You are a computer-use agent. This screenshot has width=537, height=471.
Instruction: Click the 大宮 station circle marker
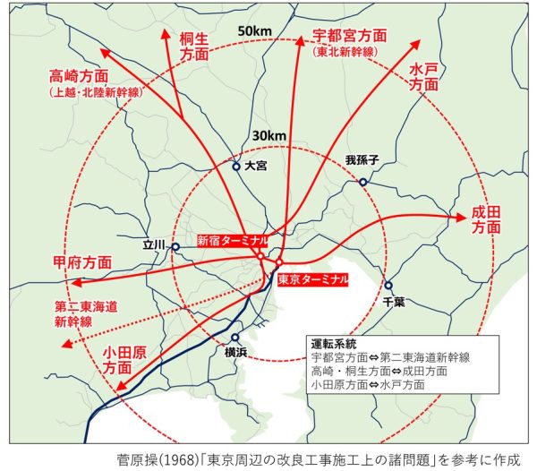click(236, 167)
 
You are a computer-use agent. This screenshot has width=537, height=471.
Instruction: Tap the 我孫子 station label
click(363, 160)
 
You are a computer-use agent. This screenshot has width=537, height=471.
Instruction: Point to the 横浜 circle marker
click(234, 338)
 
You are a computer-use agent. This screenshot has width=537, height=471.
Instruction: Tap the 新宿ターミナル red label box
click(232, 240)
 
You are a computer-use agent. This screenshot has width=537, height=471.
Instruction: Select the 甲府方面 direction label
click(82, 262)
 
